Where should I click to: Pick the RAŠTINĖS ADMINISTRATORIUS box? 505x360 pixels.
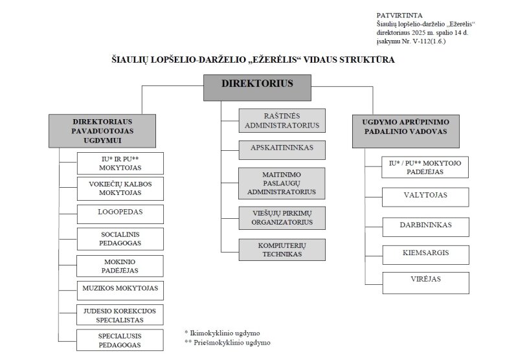pyautogui.click(x=282, y=120)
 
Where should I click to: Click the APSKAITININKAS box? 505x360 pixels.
pyautogui.click(x=282, y=148)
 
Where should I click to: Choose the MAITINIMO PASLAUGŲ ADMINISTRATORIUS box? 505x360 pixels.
pyautogui.click(x=282, y=183)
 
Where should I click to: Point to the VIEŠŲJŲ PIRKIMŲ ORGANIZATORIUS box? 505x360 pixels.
pyautogui.click(x=282, y=217)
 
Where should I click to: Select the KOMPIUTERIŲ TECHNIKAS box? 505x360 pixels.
pyautogui.click(x=282, y=250)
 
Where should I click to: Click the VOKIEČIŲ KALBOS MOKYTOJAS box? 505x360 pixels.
pyautogui.click(x=120, y=188)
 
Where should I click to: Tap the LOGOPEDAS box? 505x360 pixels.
pyautogui.click(x=120, y=212)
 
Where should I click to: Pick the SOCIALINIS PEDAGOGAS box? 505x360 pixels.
pyautogui.click(x=120, y=238)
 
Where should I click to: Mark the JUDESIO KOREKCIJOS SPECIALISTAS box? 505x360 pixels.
pyautogui.click(x=120, y=315)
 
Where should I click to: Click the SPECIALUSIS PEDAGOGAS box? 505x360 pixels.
pyautogui.click(x=120, y=340)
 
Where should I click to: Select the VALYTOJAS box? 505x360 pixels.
pyautogui.click(x=425, y=195)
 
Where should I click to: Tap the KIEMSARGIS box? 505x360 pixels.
pyautogui.click(x=425, y=253)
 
